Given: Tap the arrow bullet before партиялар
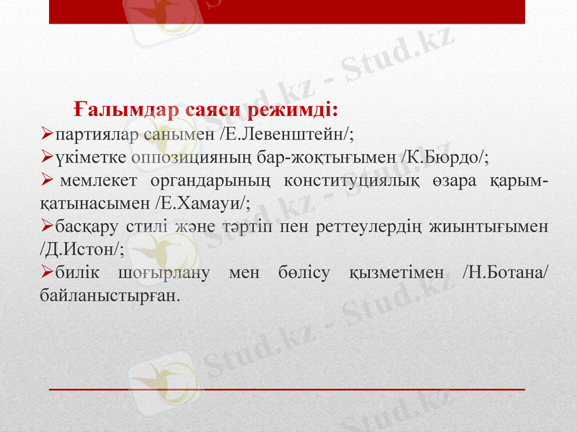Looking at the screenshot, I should click(x=48, y=133).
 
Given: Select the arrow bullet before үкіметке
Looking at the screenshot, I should click(x=48, y=156).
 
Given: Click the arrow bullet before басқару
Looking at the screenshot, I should click(x=48, y=227).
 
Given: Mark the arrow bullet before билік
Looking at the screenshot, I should click(x=48, y=272).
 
